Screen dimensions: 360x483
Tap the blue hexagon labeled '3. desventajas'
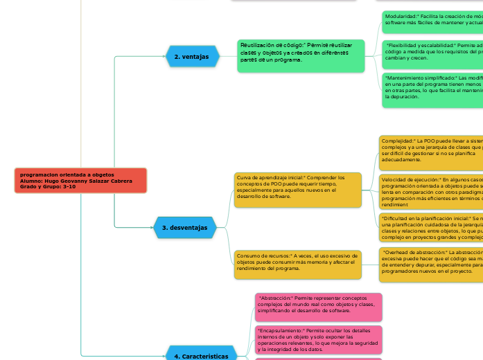click(x=184, y=227)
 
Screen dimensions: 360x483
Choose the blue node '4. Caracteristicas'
click(x=201, y=356)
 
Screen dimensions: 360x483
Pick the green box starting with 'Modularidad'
click(x=431, y=22)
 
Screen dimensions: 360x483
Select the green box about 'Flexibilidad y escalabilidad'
click(x=431, y=52)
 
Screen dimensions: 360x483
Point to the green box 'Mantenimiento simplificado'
click(x=431, y=87)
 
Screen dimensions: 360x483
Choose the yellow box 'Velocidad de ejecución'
click(x=430, y=190)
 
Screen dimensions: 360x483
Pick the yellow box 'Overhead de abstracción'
click(x=430, y=262)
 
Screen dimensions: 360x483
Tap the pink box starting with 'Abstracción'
click(x=318, y=287)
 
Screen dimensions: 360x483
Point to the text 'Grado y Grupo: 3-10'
click(x=49, y=187)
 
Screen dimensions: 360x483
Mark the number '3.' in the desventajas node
click(x=165, y=227)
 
